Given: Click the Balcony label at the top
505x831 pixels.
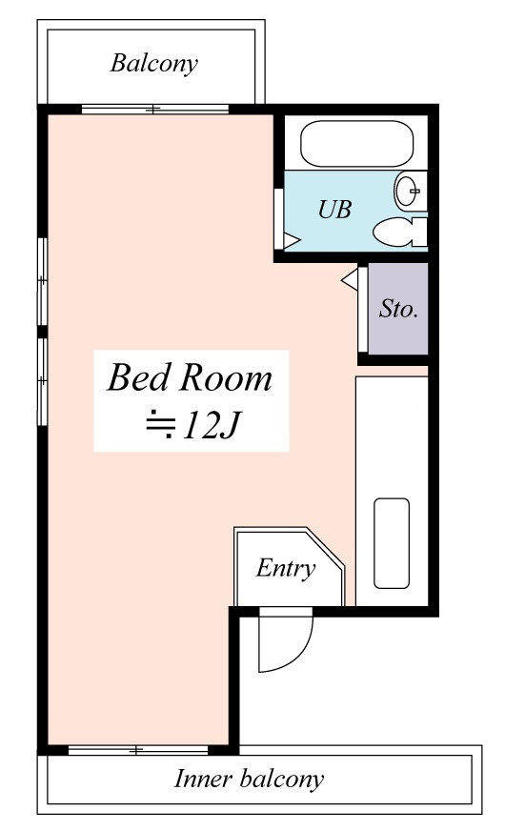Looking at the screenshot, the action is [x=154, y=64].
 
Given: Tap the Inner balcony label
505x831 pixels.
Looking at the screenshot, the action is [x=249, y=780].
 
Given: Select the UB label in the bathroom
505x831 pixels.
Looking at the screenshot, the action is [x=334, y=210].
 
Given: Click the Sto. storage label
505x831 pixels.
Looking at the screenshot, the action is [x=398, y=308].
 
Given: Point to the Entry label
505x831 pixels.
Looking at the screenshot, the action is [x=286, y=569].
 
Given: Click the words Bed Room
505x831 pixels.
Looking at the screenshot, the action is [x=190, y=377].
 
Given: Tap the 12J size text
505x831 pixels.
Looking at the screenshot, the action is [x=212, y=424].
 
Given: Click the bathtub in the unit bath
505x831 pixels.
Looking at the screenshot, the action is [x=356, y=144].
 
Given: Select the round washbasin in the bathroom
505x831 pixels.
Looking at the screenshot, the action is [x=408, y=191].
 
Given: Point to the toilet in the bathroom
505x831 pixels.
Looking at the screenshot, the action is [x=399, y=233].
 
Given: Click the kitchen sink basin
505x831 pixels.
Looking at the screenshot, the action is [x=392, y=543].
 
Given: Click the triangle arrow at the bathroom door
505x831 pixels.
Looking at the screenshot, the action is [x=292, y=240].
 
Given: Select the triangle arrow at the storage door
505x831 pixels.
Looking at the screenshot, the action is [x=350, y=279].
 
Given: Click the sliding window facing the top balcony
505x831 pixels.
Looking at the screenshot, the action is [x=154, y=110].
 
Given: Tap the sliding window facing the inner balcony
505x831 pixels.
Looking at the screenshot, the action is [x=138, y=750].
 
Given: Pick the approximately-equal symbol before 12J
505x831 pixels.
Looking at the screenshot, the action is [x=161, y=424].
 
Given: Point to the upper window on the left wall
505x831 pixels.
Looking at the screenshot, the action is [x=42, y=281].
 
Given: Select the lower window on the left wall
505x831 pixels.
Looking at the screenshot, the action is [x=42, y=381].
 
